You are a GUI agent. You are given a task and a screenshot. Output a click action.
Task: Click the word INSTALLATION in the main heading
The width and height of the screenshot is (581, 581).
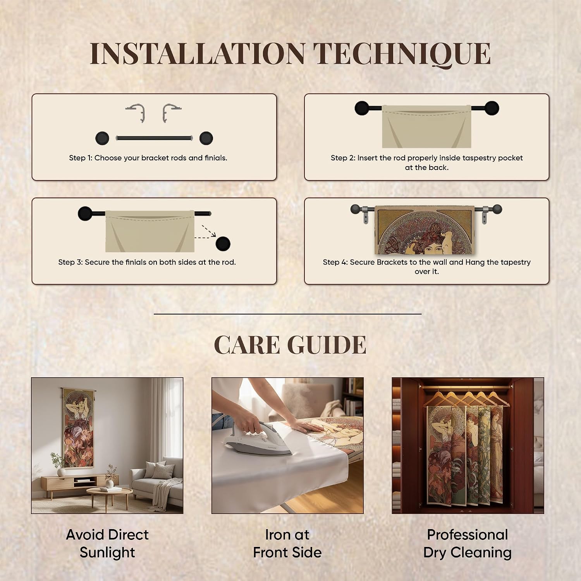(x=198, y=53)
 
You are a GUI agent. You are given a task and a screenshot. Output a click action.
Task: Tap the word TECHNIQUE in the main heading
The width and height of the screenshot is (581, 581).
(x=402, y=54)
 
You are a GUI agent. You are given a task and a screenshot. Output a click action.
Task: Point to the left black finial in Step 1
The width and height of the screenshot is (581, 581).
(x=102, y=138)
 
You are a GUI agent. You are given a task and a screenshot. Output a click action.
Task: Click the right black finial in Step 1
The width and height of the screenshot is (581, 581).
(x=206, y=138)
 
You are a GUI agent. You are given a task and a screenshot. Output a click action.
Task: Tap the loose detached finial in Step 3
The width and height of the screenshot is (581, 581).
(x=223, y=244)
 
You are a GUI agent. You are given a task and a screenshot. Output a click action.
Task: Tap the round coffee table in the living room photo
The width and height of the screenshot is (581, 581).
(x=109, y=494)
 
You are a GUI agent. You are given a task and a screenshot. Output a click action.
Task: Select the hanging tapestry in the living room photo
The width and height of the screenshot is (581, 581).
(x=79, y=428)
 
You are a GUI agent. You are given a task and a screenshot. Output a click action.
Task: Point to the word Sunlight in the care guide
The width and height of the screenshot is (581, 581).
(x=107, y=553)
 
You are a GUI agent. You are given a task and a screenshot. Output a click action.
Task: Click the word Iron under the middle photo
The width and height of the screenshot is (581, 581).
(x=277, y=535)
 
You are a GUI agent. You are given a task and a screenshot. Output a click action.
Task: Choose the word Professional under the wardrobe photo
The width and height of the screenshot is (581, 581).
(x=468, y=535)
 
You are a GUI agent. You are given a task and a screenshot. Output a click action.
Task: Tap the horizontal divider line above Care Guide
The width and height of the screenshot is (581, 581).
(x=287, y=314)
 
